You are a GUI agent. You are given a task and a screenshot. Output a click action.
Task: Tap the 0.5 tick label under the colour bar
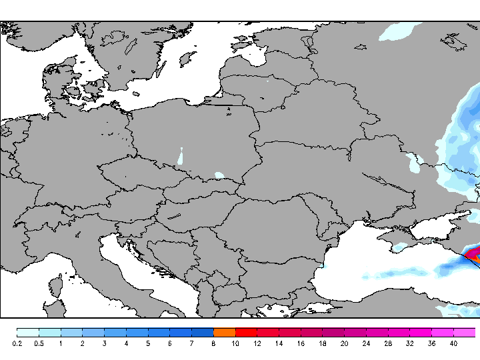(x=39, y=343)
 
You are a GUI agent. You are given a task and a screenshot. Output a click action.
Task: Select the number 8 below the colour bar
(x=213, y=343)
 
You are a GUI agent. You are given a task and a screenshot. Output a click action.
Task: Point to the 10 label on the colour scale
(x=235, y=343)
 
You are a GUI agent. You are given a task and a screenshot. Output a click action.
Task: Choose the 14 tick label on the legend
(x=279, y=343)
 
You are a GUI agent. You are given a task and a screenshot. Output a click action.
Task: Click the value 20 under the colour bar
(x=344, y=343)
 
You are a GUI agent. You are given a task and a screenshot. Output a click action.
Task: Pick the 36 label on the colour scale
(x=431, y=343)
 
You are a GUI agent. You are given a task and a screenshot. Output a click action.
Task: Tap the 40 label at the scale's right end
(x=453, y=343)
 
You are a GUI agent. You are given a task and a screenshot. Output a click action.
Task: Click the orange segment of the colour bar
(x=224, y=332)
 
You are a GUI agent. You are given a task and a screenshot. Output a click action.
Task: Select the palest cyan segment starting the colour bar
(x=27, y=332)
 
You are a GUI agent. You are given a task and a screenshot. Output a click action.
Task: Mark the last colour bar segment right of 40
(x=465, y=332)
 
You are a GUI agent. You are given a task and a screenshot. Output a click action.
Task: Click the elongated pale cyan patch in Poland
(x=181, y=157)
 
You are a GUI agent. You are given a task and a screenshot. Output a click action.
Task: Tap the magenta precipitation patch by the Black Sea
(x=472, y=253)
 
